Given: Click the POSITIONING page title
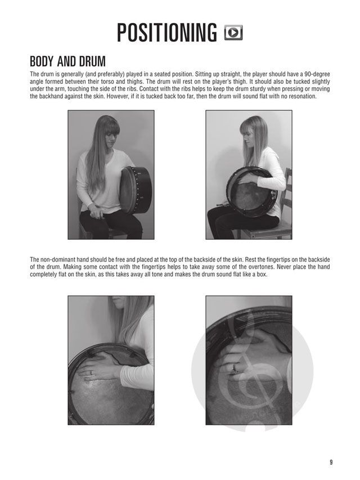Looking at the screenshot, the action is click(167, 33).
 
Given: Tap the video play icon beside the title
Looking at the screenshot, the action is click(233, 33).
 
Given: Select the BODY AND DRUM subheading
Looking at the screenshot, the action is click(67, 61).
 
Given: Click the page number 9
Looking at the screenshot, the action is click(331, 463).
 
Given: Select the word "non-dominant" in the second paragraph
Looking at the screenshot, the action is click(56, 259).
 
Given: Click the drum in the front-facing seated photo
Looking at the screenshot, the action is click(136, 190).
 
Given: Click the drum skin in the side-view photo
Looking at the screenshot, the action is click(250, 196).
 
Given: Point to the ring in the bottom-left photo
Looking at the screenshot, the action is click(91, 373).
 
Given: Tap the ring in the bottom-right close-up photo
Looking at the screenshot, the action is click(235, 367).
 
